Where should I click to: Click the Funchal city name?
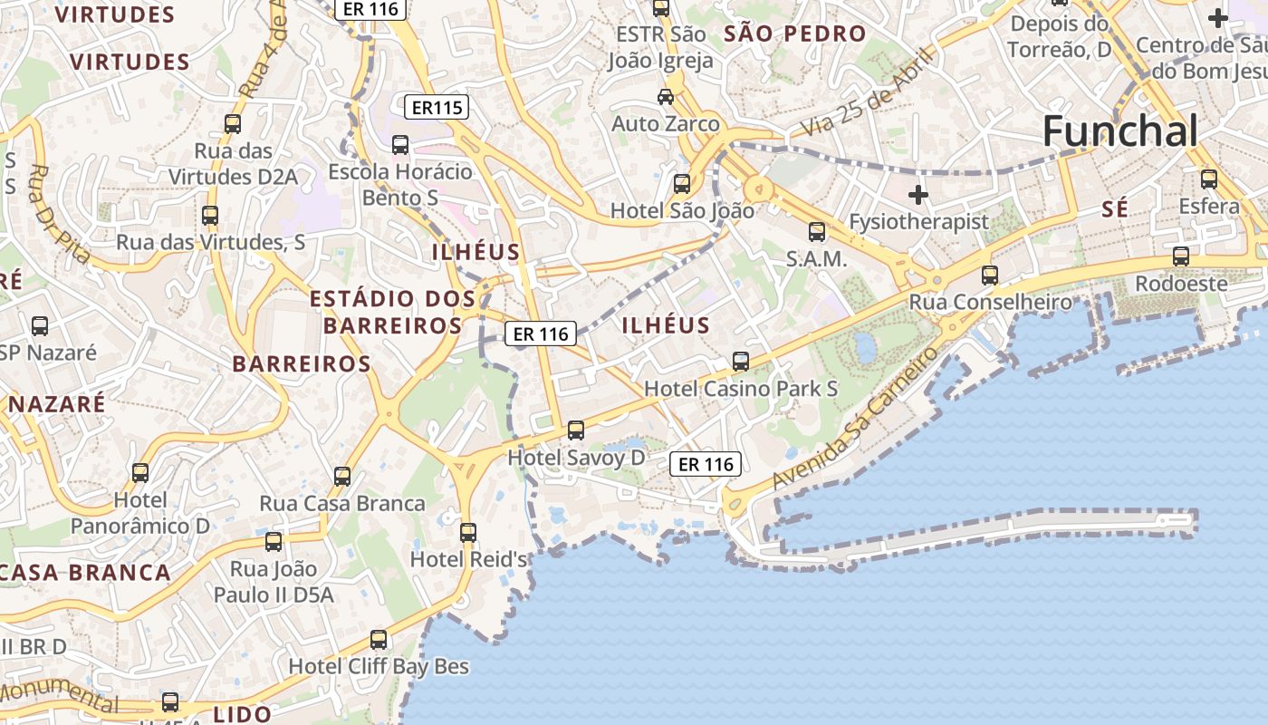pos(1119,131)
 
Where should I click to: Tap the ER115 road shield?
pos(437,108)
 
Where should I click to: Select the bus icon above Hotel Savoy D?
pos(576,430)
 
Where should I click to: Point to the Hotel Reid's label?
pos(469,559)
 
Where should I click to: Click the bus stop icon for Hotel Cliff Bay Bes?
pos(379,640)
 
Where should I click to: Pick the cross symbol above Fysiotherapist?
pos(918,195)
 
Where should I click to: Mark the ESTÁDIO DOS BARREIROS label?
pos(392,312)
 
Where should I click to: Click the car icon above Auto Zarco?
pos(666,97)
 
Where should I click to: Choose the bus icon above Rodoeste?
pos(1181,256)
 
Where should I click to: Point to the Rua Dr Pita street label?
pos(60,214)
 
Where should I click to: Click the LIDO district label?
pos(242,714)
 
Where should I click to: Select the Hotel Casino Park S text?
pos(741,389)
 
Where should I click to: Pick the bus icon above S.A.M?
pos(817,232)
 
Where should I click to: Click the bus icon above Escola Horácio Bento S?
pos(400,145)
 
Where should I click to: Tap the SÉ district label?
pos(1115,209)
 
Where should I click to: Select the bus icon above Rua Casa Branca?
pos(342,477)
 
